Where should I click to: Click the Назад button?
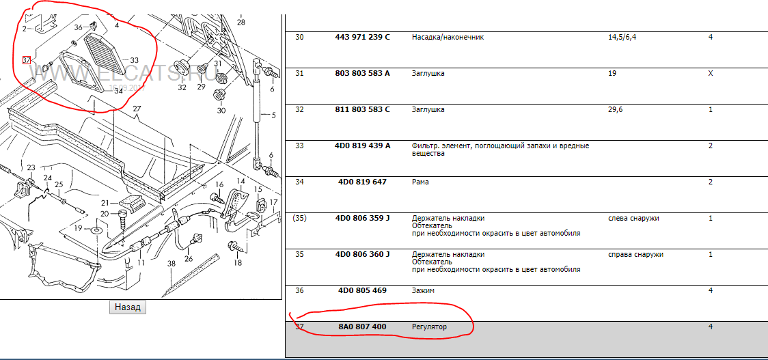click(x=127, y=307)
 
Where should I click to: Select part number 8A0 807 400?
click(x=362, y=327)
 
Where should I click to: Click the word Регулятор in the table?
click(x=430, y=327)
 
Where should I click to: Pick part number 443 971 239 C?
click(x=362, y=37)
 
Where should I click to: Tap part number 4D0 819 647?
click(x=362, y=182)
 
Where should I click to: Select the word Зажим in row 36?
click(x=423, y=290)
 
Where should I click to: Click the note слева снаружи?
click(x=633, y=219)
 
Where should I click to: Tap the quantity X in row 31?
click(x=710, y=74)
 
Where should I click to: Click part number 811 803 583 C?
click(x=362, y=110)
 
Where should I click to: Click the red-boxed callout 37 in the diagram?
click(x=27, y=60)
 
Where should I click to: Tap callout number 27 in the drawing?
click(x=136, y=109)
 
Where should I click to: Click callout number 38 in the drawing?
click(x=171, y=264)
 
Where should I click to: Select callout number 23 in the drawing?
click(x=31, y=168)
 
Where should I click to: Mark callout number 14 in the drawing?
click(x=240, y=182)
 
